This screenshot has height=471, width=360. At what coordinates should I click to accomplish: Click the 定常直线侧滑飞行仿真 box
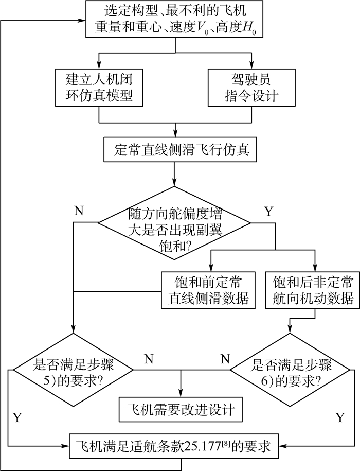pos(176,150)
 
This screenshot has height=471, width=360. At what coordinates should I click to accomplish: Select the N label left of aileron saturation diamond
pos(79,211)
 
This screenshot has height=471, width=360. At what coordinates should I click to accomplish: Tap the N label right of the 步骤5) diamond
pos(149,359)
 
